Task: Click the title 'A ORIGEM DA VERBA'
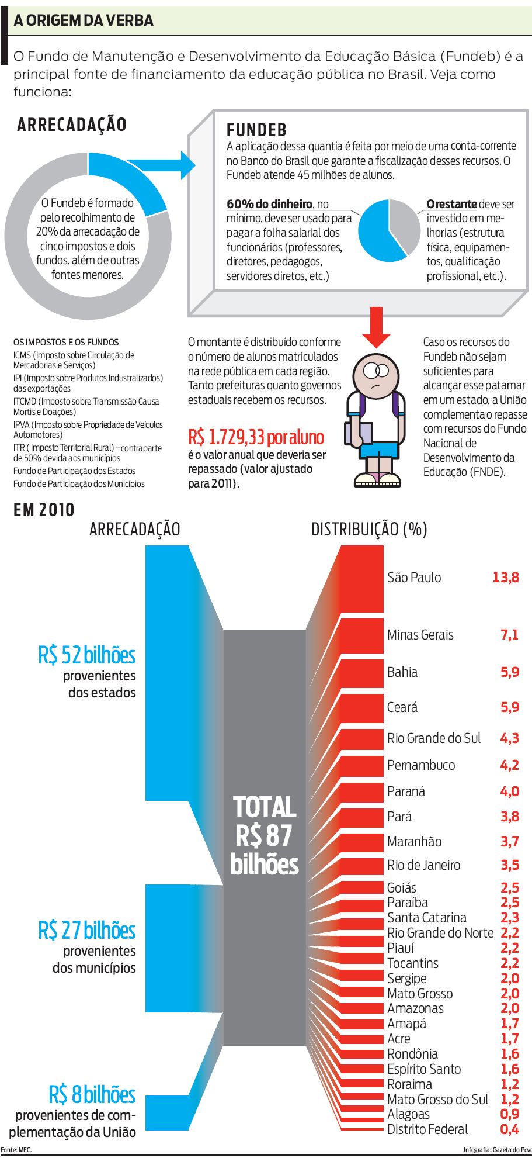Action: point(84,20)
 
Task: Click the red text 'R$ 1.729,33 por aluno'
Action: point(256,437)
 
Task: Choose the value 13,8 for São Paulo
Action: point(505,578)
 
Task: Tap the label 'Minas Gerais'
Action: point(420,635)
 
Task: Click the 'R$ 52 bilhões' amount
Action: point(87,655)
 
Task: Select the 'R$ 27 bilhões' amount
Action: point(87,930)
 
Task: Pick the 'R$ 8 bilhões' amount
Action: point(92,1094)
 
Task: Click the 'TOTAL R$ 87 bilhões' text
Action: point(265,835)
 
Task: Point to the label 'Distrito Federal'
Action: point(427,1129)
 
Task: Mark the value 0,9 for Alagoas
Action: point(509,1114)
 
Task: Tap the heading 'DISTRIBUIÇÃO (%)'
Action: point(369,530)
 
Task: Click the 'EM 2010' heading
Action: point(44,510)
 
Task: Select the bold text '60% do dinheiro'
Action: point(269,204)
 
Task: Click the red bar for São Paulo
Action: point(361,579)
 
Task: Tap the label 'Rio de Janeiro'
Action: point(423,865)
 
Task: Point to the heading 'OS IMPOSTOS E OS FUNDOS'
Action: point(66,342)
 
